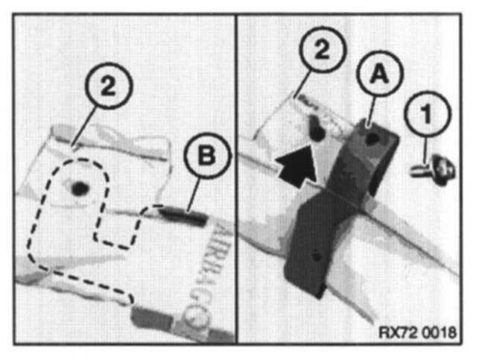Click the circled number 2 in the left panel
tap(109, 86)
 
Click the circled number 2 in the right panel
tap(323, 50)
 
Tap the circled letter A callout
tap(379, 74)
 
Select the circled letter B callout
tap(207, 156)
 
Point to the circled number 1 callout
tap(428, 114)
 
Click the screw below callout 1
tap(433, 170)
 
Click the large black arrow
tap(297, 166)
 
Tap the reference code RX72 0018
tap(417, 332)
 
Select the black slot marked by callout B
tap(183, 215)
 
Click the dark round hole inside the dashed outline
tap(80, 189)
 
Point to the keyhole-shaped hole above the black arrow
tap(316, 127)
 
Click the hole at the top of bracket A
tap(371, 139)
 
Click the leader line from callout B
tap(194, 195)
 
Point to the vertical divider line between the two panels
tap(236, 179)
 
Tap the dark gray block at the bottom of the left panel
tap(150, 318)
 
